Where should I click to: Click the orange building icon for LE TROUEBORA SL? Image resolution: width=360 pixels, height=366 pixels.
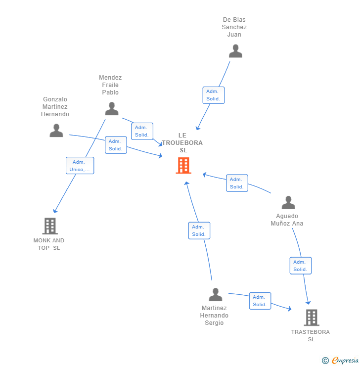183,166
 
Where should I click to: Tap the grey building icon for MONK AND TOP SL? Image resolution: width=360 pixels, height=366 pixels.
49,226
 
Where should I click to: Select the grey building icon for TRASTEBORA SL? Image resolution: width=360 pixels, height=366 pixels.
311,318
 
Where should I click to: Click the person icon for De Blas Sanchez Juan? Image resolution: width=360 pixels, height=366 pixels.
235,51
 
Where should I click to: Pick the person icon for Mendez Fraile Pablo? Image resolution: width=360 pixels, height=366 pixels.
112,109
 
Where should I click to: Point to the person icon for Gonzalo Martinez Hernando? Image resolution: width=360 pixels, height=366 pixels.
56,131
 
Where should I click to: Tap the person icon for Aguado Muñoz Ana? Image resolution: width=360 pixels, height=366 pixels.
288,203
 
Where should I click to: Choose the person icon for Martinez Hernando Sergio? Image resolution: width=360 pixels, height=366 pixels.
215,295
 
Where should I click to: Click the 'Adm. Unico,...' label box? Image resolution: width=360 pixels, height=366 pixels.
80,166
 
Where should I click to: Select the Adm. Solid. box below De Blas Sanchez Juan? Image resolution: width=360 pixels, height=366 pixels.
213,95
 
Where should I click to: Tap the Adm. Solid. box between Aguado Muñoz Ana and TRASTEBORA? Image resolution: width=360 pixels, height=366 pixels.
300,266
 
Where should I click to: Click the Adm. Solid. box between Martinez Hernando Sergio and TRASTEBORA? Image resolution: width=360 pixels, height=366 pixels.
260,301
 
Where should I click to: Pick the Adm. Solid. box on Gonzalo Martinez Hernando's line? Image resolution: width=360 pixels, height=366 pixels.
116,145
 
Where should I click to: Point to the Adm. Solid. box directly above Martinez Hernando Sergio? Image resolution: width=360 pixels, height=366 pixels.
199,230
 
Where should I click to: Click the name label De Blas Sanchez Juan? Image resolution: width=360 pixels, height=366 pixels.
234,27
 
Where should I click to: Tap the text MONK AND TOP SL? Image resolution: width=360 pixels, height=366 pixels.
49,244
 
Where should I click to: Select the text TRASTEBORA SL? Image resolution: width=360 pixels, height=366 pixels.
311,335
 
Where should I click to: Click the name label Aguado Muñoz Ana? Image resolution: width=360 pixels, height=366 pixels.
287,220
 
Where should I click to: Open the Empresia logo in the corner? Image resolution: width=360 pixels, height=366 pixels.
341,361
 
